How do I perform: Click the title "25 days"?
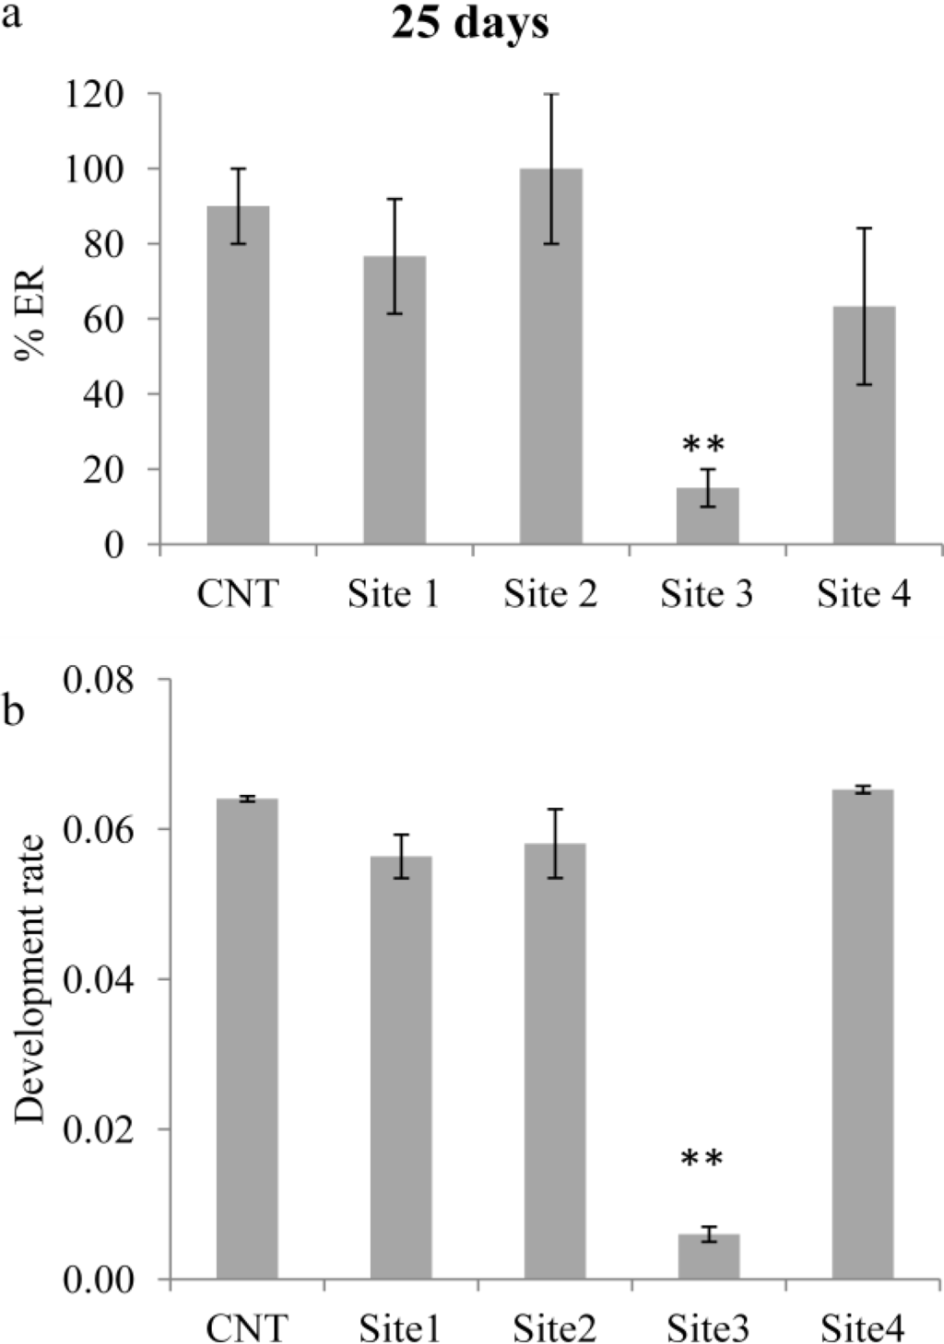[470, 23]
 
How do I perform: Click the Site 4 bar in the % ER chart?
[864, 425]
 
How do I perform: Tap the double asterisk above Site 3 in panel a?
[704, 446]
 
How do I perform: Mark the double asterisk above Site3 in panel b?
[702, 1159]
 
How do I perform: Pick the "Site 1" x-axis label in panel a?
[394, 594]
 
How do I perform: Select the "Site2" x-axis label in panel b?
[554, 1328]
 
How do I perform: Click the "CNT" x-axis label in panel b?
[246, 1328]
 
